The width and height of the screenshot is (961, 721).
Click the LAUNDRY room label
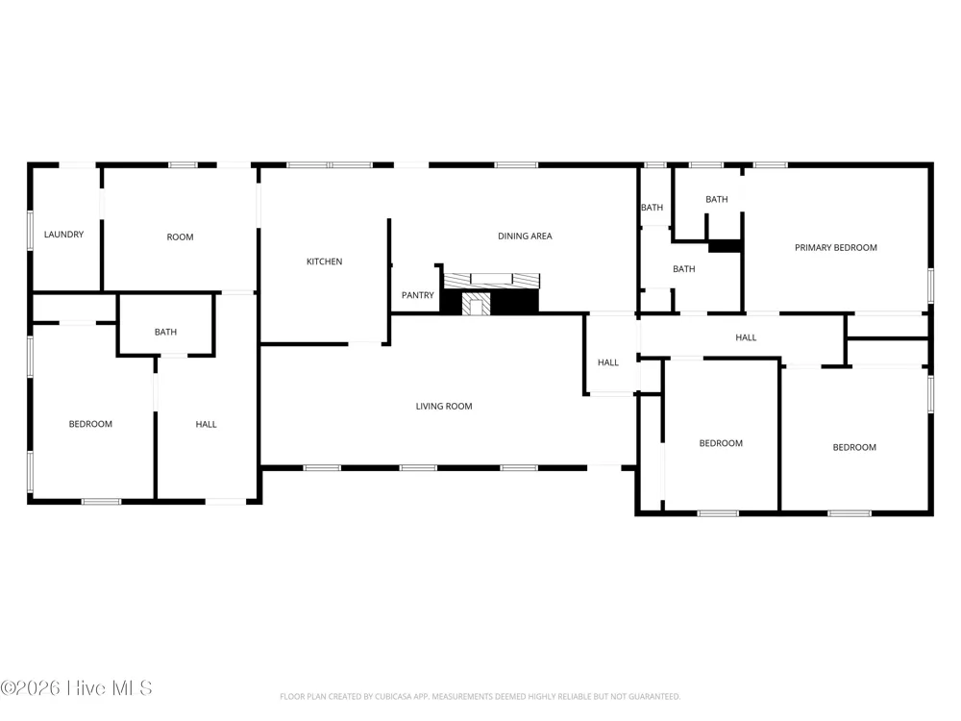[63, 235]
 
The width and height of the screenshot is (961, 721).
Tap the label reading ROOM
[181, 237]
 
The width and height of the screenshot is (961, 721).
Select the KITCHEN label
[324, 261]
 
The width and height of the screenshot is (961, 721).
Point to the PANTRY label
[417, 295]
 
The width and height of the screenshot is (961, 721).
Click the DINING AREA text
[525, 236]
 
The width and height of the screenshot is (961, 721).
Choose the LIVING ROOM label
[444, 407]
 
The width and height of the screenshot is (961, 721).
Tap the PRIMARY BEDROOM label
[836, 248]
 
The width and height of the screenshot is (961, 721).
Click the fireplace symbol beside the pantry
[491, 295]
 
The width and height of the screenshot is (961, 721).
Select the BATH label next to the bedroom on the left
[165, 333]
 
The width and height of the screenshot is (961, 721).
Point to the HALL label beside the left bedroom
[206, 424]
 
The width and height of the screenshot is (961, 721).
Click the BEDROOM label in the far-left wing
[90, 424]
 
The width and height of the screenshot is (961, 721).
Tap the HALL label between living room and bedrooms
[608, 363]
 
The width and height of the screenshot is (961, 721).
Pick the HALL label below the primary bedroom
[746, 337]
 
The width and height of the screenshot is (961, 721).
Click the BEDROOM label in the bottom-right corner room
[854, 448]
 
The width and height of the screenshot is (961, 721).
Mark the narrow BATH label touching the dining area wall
[653, 208]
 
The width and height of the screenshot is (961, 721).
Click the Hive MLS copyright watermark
[76, 688]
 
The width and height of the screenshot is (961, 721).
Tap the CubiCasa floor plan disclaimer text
[480, 696]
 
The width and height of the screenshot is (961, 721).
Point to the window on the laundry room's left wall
[30, 231]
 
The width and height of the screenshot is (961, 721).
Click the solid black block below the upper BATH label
[725, 246]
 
